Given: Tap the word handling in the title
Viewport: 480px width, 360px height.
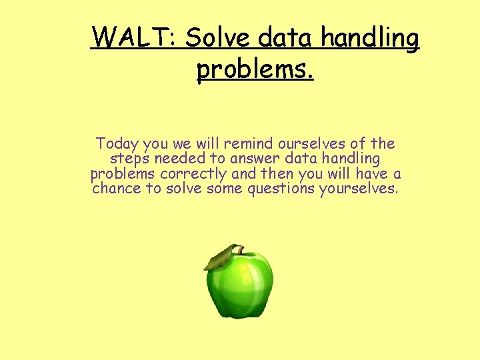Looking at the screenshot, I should [370, 39].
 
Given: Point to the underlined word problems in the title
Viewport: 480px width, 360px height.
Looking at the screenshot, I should [255, 69].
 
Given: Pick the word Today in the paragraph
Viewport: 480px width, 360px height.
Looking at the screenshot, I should [116, 143].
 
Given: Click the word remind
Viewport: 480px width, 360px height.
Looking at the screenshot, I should [249, 143].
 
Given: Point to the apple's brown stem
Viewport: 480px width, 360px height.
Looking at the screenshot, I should [236, 250].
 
